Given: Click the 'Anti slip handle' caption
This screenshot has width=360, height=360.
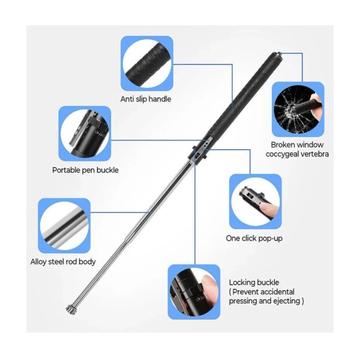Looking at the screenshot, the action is click(x=146, y=99).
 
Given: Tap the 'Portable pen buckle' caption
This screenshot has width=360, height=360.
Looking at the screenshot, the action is click(x=85, y=170).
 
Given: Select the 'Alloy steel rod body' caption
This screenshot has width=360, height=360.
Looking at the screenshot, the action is click(x=63, y=262).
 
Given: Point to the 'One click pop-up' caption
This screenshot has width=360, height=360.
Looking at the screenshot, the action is click(x=254, y=238).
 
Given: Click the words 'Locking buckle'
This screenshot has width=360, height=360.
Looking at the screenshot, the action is click(x=254, y=283).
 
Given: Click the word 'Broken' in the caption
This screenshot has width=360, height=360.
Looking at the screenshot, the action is click(x=283, y=145).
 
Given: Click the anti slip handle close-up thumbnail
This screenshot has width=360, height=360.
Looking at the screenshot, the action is click(x=147, y=64).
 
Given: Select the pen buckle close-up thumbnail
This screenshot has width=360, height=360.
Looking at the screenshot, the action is click(x=85, y=133).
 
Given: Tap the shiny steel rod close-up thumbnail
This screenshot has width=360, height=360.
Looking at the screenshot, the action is click(x=64, y=226).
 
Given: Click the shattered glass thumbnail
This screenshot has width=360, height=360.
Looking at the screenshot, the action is click(x=298, y=109).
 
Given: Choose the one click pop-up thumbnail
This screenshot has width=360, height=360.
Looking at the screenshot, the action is click(x=256, y=202).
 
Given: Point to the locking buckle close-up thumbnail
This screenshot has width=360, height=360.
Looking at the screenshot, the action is click(x=194, y=292).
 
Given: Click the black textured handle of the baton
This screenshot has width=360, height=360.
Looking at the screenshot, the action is click(x=245, y=95).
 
